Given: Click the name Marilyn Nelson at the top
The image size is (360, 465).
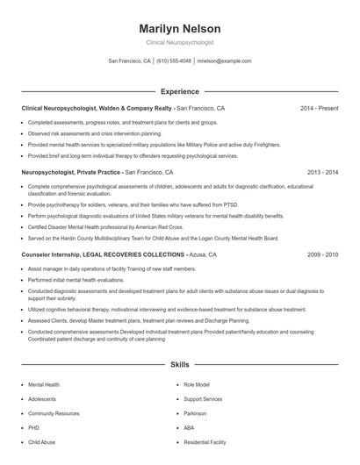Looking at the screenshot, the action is (179, 28).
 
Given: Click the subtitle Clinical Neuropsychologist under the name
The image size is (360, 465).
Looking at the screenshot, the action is (179, 42).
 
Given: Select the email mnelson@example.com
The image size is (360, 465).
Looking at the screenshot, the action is (224, 61).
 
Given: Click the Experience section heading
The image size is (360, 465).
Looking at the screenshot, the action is (179, 91).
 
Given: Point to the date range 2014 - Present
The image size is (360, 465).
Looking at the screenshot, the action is (319, 108).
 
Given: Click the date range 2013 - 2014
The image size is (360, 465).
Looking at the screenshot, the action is (322, 173).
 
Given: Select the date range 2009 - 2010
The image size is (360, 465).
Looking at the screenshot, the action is (322, 254).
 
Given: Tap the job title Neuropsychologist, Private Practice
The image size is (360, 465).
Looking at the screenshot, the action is (70, 173).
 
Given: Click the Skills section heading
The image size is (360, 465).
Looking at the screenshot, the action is (179, 363).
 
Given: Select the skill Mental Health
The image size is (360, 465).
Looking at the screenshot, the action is (44, 384).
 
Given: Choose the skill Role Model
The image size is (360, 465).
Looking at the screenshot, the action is (196, 384).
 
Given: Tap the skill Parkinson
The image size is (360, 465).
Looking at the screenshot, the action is (195, 413).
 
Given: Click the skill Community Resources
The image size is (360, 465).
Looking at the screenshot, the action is (54, 413).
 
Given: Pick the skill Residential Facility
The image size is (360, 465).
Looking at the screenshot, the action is (205, 442).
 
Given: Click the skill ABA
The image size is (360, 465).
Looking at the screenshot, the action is (189, 427).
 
